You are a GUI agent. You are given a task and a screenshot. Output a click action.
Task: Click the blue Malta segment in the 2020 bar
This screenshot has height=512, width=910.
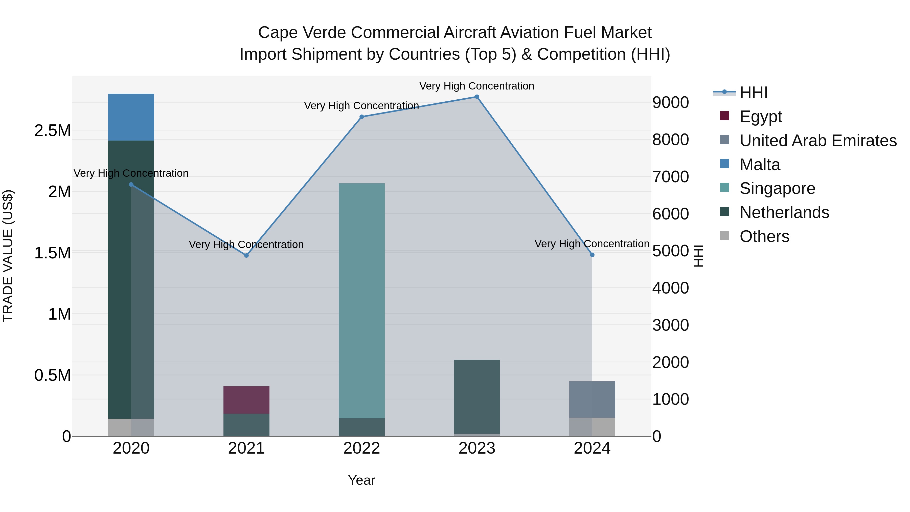coord(131,117)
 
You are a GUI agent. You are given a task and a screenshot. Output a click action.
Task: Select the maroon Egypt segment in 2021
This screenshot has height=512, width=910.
coord(246,400)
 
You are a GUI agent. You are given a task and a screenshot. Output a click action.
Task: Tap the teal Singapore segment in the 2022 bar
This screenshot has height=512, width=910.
coord(361,300)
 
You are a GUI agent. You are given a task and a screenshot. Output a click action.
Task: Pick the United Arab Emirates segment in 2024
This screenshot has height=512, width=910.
coord(592,399)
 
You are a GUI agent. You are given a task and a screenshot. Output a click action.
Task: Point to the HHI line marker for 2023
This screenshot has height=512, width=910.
coord(476,97)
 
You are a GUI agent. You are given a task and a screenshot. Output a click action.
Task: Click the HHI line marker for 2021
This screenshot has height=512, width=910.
coord(246,255)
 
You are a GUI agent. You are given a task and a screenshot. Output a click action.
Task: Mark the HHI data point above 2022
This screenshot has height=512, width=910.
coord(361,117)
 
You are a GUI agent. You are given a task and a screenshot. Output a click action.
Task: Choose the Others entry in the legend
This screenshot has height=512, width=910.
coord(764,236)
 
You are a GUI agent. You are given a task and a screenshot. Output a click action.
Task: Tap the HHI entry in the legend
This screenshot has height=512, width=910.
coord(753,93)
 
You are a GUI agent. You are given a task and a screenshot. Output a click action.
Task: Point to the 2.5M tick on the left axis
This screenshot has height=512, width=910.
coord(52,131)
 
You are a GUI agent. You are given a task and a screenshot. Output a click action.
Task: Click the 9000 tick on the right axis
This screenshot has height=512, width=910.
coord(670,102)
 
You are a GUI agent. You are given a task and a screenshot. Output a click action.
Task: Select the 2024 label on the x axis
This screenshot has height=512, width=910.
coord(592,448)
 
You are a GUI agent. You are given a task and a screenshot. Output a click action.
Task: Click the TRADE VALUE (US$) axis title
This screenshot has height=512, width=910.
coord(8,256)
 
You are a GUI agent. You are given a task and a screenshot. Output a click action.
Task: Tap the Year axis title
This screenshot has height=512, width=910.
coord(361,480)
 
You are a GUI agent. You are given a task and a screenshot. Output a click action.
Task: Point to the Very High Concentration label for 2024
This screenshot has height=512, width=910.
coord(592,244)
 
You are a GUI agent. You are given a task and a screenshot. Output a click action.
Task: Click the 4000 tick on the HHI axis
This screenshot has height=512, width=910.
coord(670,288)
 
